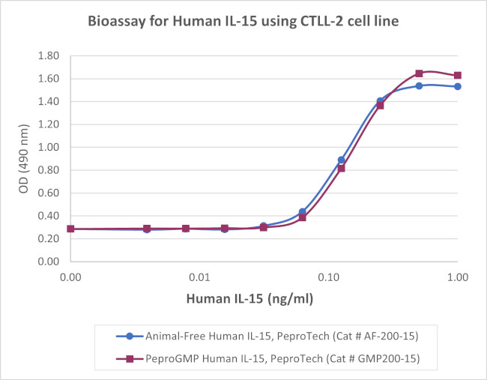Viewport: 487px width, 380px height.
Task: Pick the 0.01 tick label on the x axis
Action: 199,277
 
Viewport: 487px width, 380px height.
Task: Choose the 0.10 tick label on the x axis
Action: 328,277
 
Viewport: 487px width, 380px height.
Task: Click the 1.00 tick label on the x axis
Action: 457,277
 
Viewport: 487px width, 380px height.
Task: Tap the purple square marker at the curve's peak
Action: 419,73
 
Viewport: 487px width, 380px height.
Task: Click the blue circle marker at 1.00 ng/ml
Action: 458,86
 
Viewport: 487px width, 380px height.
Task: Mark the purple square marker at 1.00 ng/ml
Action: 458,75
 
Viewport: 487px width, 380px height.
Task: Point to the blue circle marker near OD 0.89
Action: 341,160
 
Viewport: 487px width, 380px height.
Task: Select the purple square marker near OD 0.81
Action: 341,169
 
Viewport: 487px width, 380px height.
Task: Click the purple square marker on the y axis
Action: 70,229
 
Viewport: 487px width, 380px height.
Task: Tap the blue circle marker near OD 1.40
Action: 380,100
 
